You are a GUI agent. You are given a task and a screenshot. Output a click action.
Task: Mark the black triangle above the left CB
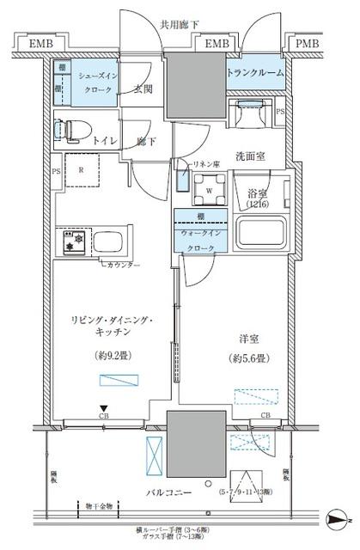tap(103, 409)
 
